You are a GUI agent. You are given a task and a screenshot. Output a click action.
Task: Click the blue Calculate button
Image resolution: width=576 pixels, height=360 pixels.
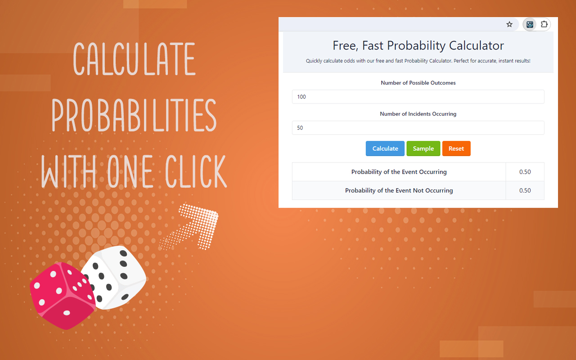point(385,148)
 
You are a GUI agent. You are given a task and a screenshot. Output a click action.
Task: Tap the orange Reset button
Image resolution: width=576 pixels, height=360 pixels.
point(456,148)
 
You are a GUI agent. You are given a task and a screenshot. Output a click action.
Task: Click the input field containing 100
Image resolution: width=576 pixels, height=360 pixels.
point(418,97)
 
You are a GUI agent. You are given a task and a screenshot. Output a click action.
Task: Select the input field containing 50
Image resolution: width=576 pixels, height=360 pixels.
point(418,128)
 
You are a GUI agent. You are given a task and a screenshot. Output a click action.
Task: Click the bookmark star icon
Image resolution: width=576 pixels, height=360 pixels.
point(509,24)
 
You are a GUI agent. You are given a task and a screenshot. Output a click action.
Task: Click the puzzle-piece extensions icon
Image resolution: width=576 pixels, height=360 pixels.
point(544,24)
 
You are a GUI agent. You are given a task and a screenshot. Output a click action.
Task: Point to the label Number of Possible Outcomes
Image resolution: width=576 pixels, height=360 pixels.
point(418,83)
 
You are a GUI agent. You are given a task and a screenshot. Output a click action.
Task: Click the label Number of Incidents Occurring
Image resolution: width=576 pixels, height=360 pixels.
point(418,114)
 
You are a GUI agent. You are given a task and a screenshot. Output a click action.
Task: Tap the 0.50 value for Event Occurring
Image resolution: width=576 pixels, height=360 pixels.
point(525,172)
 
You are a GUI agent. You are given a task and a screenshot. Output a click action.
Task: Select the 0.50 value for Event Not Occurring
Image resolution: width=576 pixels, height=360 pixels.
point(525,190)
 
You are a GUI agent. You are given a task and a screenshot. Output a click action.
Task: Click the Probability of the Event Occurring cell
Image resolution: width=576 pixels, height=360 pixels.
point(399,172)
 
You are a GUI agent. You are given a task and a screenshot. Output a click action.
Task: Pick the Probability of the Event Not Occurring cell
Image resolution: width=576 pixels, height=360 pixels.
point(399,190)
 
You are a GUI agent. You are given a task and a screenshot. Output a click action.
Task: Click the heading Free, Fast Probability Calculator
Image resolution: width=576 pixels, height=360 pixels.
point(418,45)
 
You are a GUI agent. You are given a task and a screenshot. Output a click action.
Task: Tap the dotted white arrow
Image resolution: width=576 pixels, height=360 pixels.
point(191,225)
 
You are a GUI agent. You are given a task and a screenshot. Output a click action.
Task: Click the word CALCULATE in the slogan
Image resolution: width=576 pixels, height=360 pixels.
point(134,59)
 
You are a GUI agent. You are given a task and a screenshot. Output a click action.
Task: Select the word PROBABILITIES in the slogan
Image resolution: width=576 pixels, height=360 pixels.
point(134,116)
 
